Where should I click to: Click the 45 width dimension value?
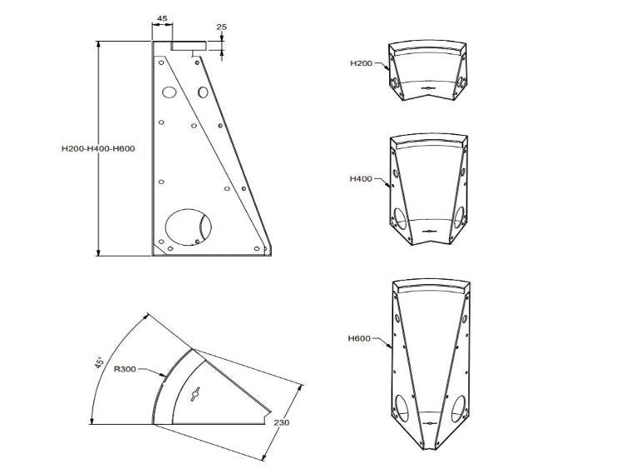[162, 17]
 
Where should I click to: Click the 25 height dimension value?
[222, 27]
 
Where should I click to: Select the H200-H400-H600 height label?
[98, 149]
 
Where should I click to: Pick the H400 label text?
[361, 178]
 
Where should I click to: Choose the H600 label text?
[360, 338]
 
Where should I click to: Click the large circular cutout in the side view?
[189, 226]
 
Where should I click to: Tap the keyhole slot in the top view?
[197, 395]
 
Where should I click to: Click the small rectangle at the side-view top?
[188, 47]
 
